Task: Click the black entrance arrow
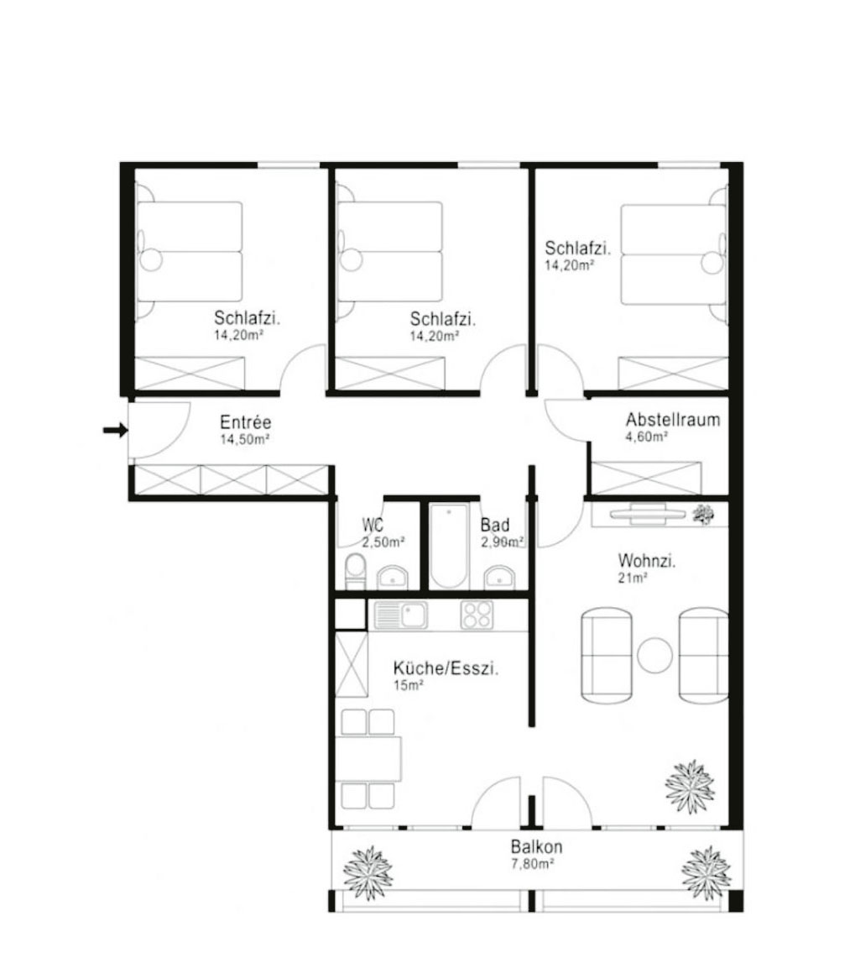115,431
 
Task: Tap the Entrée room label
245,422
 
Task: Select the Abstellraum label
672,420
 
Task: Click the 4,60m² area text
647,437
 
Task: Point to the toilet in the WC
356,571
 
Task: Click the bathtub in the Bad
451,547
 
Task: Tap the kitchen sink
401,615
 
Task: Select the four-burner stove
477,615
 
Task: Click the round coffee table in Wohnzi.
654,655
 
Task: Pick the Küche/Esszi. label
446,669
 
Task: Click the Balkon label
536,846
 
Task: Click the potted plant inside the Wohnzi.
690,787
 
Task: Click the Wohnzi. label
647,561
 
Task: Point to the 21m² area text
634,578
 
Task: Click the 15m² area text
409,686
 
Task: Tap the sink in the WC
392,576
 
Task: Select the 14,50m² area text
244,439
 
